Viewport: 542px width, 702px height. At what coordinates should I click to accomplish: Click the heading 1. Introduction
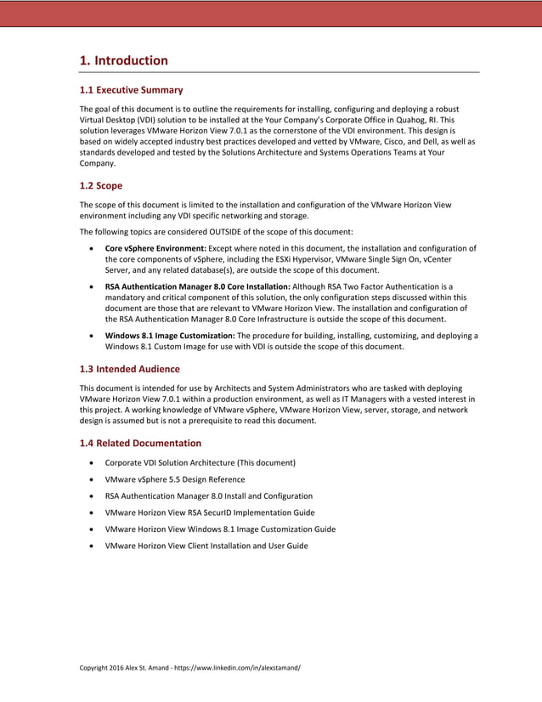[123, 60]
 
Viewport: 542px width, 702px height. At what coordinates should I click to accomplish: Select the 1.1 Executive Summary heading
[131, 89]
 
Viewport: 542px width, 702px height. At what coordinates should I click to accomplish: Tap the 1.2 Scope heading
[100, 185]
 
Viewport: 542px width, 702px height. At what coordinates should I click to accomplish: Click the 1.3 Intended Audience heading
[129, 369]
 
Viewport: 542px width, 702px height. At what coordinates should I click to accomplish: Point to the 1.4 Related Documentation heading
[140, 443]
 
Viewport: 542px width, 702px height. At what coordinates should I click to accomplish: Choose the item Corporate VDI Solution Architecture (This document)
[200, 462]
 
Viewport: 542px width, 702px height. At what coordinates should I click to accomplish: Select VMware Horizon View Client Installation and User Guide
[206, 546]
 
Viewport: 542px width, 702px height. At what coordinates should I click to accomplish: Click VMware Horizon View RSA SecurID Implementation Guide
[209, 512]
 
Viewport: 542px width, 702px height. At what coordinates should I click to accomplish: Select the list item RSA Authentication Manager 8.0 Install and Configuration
[208, 495]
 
